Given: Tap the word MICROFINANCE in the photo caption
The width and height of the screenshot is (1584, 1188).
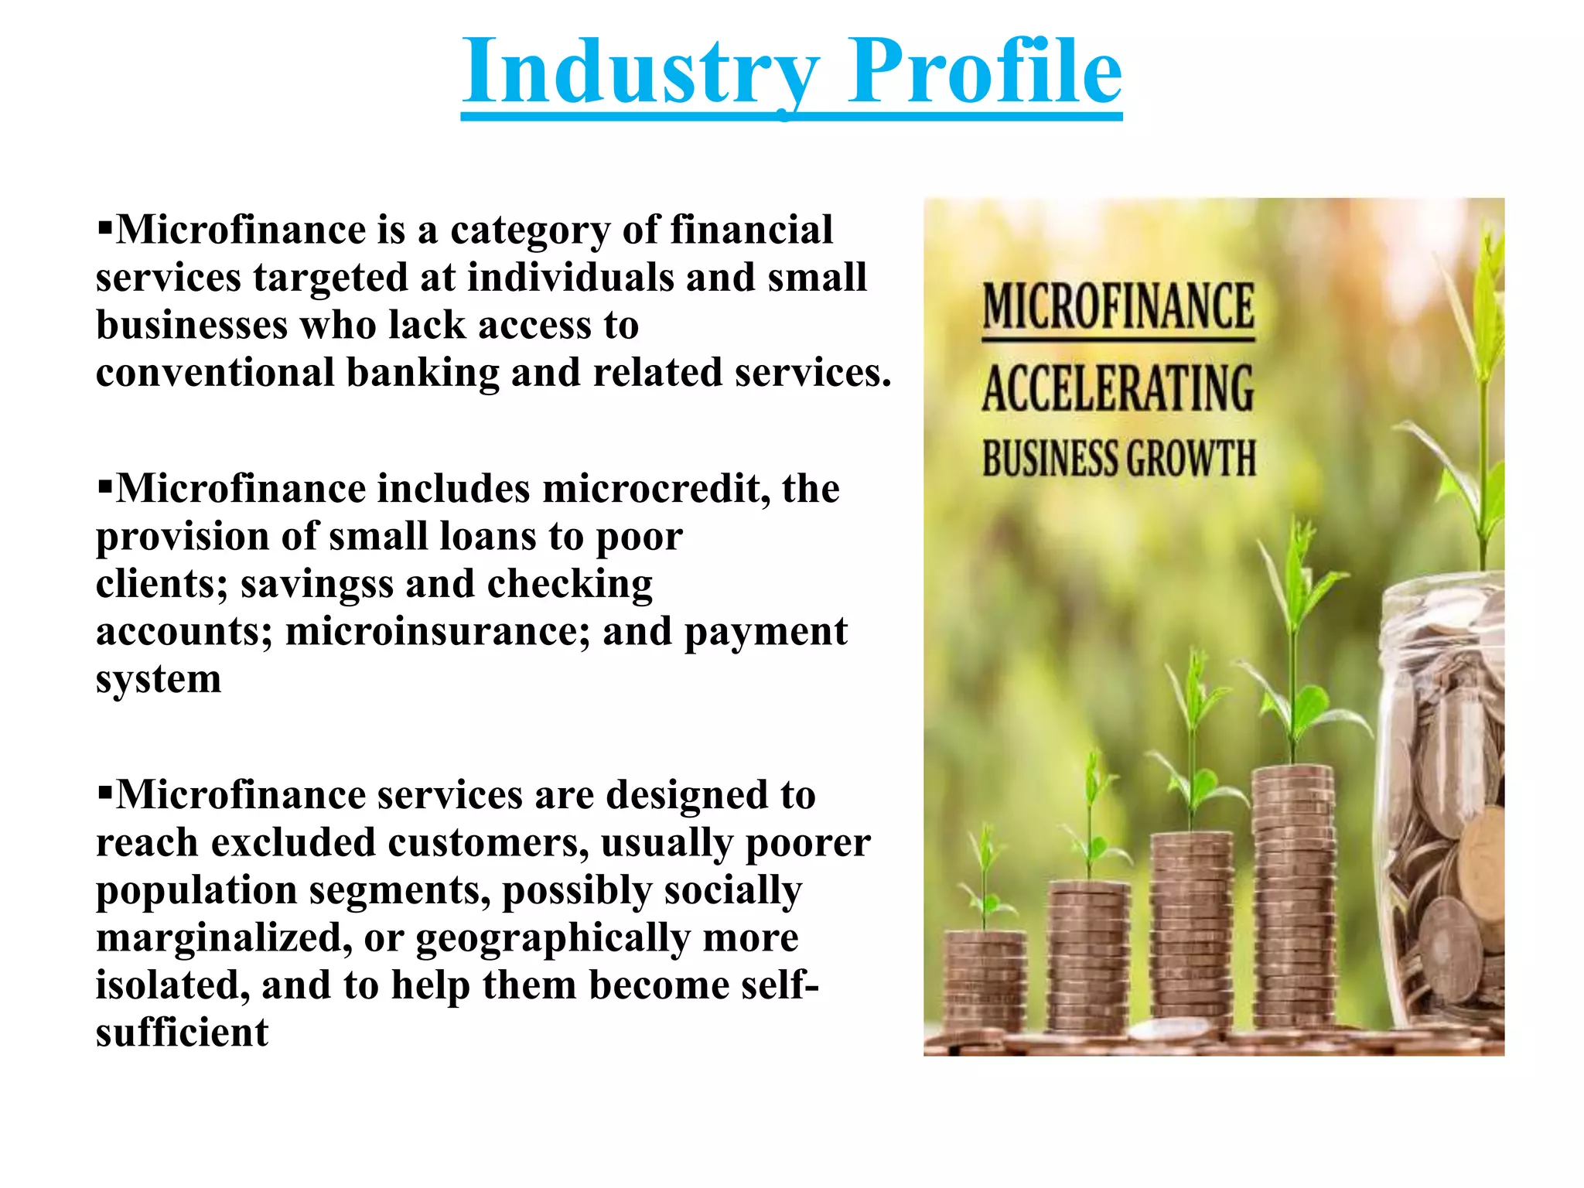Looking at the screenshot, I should click(x=1118, y=307).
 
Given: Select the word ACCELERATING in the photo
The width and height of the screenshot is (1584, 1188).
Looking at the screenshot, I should click(x=1118, y=389).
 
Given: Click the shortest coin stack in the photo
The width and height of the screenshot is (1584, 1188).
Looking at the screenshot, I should click(x=985, y=982).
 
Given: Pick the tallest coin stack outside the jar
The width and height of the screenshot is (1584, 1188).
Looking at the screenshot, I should click(x=1293, y=897).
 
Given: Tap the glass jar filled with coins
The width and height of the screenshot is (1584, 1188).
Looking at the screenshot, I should click(x=1442, y=812).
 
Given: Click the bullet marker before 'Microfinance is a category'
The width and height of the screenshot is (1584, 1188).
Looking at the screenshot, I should click(x=104, y=227).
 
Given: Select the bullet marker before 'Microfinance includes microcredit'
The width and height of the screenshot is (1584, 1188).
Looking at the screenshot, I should click(x=104, y=486).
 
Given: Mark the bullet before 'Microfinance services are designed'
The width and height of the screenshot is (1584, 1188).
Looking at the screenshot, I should click(x=104, y=793).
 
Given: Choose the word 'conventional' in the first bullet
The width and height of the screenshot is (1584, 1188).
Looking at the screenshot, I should click(x=214, y=374).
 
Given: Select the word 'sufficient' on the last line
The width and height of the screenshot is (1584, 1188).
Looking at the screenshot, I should click(x=182, y=1033).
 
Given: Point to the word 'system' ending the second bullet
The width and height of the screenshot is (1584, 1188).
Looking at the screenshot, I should click(x=159, y=681).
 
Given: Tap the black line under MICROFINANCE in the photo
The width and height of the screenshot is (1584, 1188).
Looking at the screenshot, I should click(x=1118, y=339).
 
